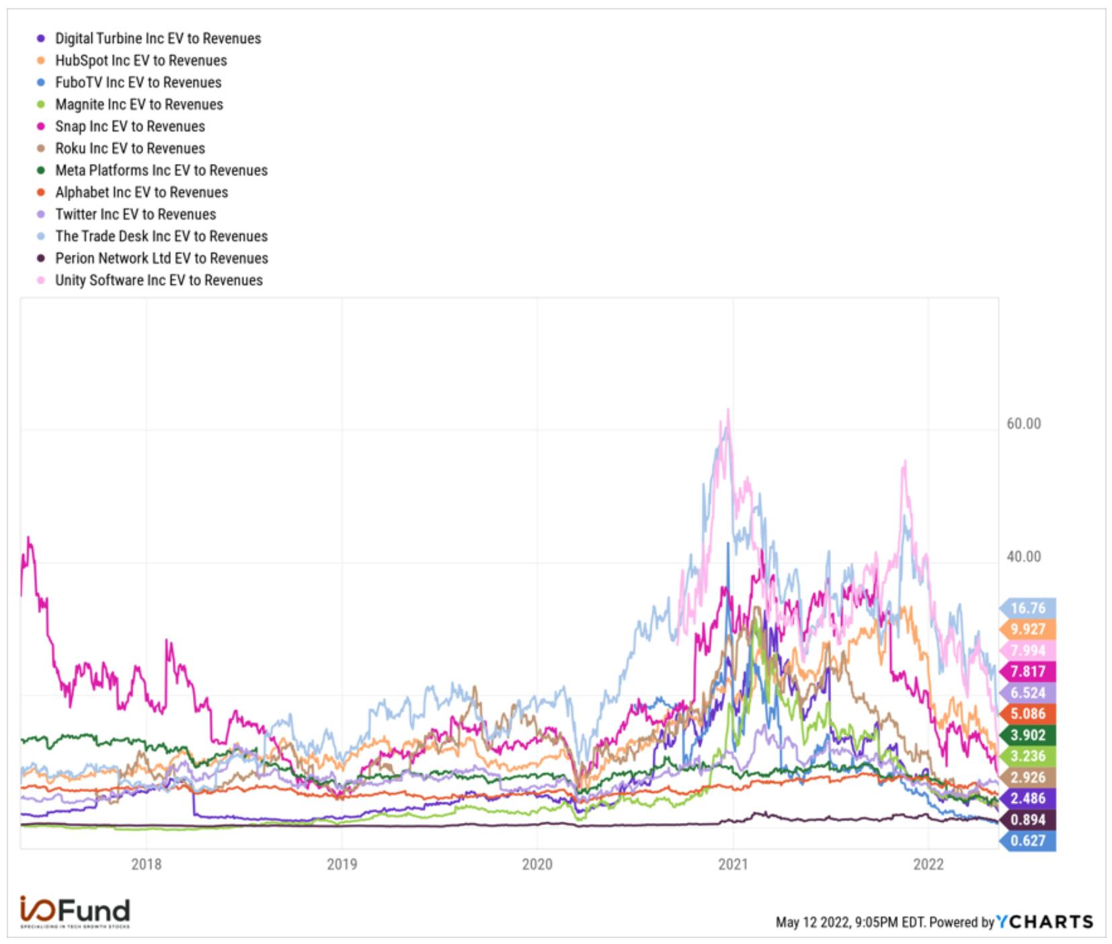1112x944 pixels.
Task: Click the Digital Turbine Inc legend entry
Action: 149,38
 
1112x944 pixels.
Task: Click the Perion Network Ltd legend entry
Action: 153,258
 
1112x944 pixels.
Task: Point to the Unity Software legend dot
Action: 41,280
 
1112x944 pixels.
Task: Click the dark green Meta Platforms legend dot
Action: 41,170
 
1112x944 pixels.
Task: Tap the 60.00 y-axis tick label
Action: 1024,424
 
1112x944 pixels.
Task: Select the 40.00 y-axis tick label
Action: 1024,557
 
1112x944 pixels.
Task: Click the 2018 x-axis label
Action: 147,864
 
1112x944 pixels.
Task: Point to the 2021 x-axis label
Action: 733,864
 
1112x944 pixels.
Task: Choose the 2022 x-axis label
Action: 928,864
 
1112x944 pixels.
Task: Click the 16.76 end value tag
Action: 1028,608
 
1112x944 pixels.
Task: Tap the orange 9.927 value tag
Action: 1028,629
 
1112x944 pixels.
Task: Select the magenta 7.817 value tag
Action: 1028,672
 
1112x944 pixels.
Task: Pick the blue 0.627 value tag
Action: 1028,840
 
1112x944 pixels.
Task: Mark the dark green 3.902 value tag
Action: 1028,735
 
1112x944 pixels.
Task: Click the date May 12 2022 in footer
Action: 813,922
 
